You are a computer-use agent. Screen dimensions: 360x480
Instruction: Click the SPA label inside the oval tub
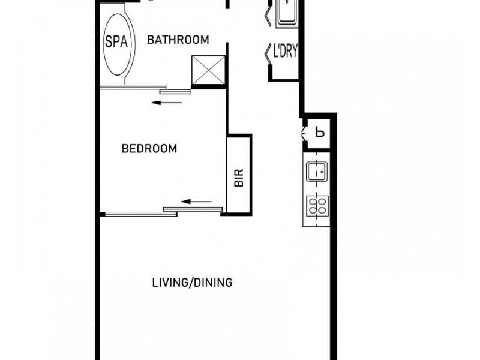115,41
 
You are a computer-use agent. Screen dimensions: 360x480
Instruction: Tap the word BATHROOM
178,40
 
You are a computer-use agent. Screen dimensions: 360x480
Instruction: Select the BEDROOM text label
149,149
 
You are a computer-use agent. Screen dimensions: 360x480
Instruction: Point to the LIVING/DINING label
192,283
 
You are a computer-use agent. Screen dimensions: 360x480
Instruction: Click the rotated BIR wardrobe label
238,178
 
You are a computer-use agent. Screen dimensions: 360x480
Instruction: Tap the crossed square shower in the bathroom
208,71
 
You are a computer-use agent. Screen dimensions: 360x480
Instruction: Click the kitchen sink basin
316,172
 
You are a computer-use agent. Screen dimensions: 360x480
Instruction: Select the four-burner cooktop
317,206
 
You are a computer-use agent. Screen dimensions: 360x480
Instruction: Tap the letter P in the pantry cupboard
320,133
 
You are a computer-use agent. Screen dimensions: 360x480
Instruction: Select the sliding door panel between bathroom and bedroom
175,91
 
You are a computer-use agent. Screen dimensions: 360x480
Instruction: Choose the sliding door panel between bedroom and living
192,209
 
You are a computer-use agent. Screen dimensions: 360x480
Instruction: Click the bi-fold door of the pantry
303,132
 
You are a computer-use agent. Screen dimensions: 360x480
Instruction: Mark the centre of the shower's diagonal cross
208,71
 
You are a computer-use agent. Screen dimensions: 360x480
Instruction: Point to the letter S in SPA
109,41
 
